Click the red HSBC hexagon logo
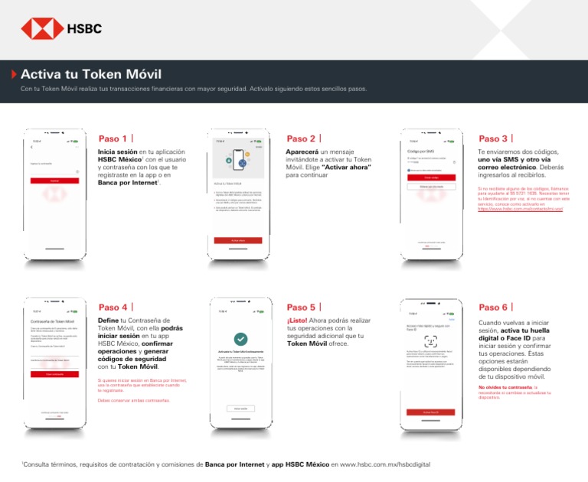[x=43, y=29]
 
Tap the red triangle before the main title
[x=15, y=74]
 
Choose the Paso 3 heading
[x=493, y=138]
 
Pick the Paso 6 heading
[x=493, y=307]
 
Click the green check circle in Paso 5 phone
[x=240, y=338]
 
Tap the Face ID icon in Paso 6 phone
[x=430, y=341]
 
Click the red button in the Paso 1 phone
[x=54, y=181]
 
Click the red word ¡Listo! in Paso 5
[x=298, y=321]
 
